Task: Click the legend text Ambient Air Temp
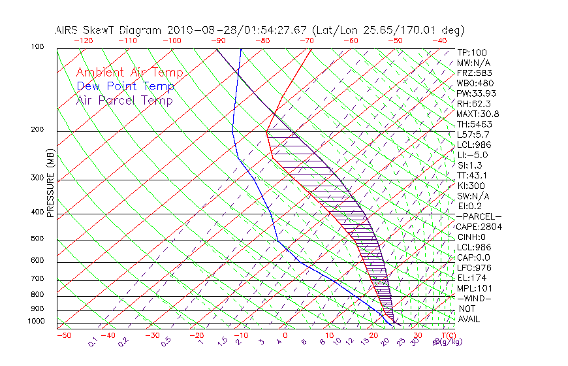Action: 129,73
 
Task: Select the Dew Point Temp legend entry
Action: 125,86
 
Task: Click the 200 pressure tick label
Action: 37,130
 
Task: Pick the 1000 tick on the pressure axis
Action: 35,322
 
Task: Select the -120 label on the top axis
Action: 84,40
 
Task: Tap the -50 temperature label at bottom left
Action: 63,335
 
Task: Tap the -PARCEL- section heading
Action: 479,216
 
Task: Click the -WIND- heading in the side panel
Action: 474,298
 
